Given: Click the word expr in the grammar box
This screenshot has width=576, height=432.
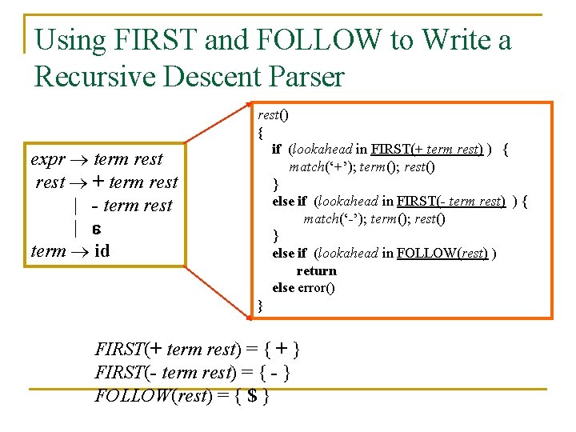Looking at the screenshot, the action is click(47, 159).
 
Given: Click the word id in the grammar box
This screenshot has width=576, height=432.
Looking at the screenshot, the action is click(102, 251).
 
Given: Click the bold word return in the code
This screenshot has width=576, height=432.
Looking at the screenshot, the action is click(316, 270).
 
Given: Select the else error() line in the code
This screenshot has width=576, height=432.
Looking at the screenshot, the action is click(303, 287).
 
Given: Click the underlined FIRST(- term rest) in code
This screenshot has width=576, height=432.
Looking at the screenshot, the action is click(450, 202).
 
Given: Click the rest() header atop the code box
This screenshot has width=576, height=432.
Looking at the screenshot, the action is click(272, 114).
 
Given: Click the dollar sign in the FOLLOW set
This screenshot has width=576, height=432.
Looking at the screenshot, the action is click(253, 394).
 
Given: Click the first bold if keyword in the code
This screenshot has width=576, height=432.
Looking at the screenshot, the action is click(276, 149).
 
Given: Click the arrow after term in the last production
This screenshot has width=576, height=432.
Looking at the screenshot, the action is click(80, 251).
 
